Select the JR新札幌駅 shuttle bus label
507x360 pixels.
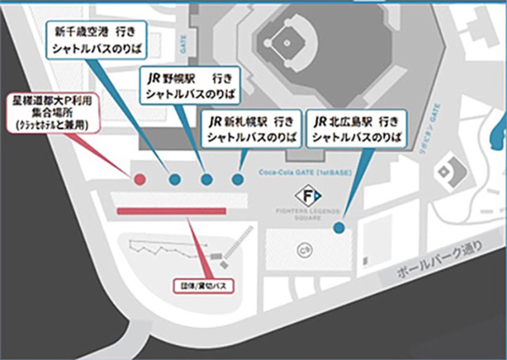click(250, 128)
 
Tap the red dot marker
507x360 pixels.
click(140, 180)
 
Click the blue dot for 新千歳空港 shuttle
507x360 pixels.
click(175, 180)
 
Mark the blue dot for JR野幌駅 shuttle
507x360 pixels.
click(206, 180)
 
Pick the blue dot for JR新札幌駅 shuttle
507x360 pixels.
click(237, 180)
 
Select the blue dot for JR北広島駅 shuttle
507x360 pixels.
click(339, 228)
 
